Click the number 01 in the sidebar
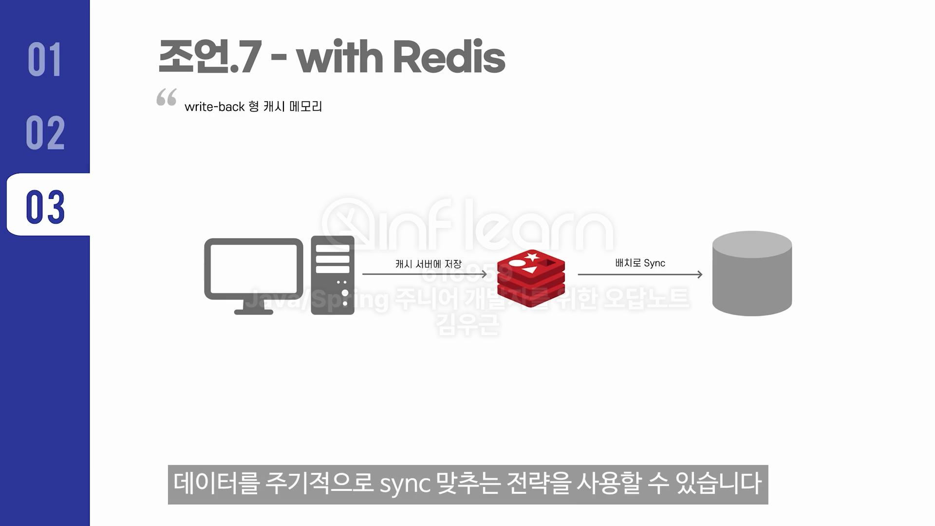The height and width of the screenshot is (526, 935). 44,59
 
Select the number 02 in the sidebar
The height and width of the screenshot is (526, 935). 45,132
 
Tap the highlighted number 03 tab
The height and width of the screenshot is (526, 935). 45,207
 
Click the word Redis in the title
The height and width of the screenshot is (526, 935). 449,57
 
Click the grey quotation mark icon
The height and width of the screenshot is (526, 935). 167,97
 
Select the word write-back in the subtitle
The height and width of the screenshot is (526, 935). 214,107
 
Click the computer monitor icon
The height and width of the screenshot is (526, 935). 253,275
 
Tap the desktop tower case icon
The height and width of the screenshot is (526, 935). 333,275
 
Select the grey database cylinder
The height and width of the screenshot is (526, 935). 752,273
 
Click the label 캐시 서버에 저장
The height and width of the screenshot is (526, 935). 428,264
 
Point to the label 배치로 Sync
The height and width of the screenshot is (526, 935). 640,263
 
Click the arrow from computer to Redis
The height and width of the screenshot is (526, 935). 424,274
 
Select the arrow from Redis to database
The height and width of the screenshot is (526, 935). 640,275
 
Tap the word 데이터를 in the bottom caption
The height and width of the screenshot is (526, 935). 215,484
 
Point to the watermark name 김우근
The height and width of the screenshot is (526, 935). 468,324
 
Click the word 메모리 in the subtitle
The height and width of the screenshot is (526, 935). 305,106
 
